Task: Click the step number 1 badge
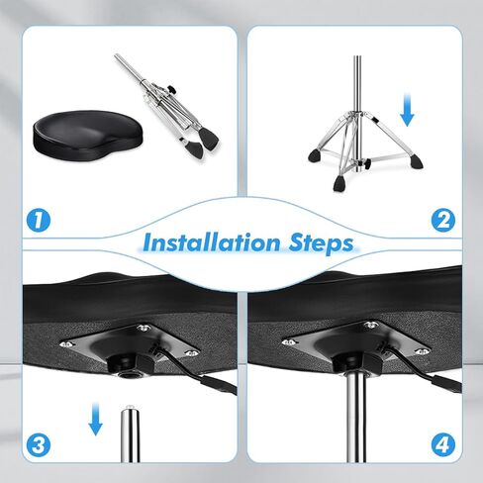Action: point(39,220)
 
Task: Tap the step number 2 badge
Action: point(443,220)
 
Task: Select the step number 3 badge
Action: point(39,444)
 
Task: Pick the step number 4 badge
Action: point(443,444)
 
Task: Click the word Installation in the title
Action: point(212,242)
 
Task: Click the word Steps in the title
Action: point(321,243)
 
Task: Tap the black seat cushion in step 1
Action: point(88,136)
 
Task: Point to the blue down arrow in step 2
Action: point(407,110)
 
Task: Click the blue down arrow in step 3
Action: point(95,419)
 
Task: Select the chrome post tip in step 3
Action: point(130,409)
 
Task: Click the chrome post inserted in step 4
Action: point(355,419)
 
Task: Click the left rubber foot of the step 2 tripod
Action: point(315,155)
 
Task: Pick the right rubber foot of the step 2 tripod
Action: point(417,161)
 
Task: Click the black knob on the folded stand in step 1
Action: point(170,89)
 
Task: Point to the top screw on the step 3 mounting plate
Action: point(144,328)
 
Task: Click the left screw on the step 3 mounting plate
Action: point(67,344)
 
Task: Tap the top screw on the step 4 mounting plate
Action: point(370,325)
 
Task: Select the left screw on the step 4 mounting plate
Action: point(289,342)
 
